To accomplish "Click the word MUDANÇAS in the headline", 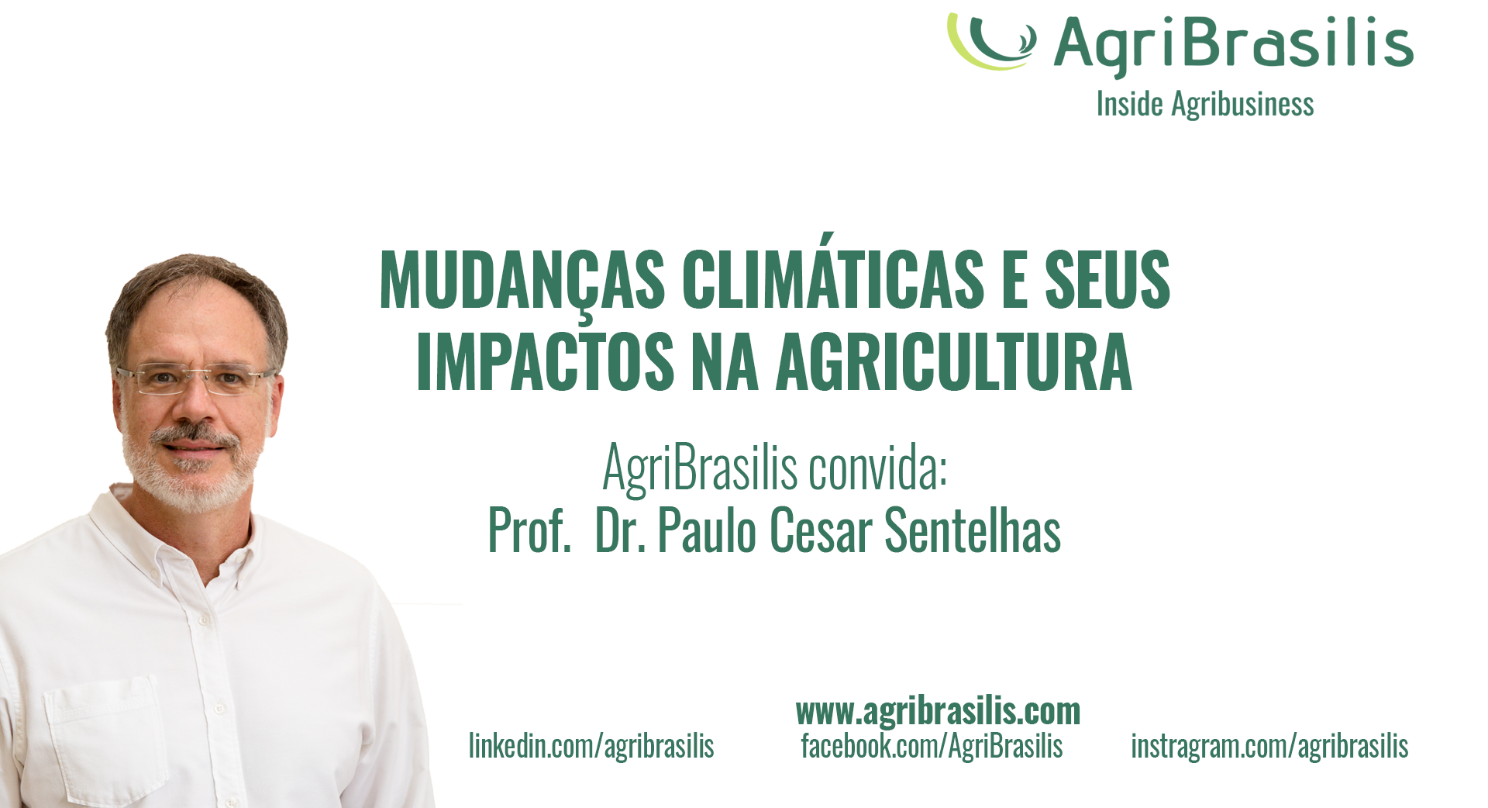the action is (522, 281).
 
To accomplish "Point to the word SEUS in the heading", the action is (1107, 279).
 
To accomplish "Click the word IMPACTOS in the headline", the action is (546, 362).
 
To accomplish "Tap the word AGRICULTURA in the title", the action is (954, 362).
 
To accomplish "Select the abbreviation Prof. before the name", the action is (529, 531).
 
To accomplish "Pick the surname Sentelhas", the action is (973, 530).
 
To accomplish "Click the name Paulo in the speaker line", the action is (707, 530).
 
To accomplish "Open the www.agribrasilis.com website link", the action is (938, 711).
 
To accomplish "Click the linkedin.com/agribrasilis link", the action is (591, 746).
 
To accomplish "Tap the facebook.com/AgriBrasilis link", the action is (932, 746).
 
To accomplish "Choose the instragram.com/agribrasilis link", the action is (1269, 746).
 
